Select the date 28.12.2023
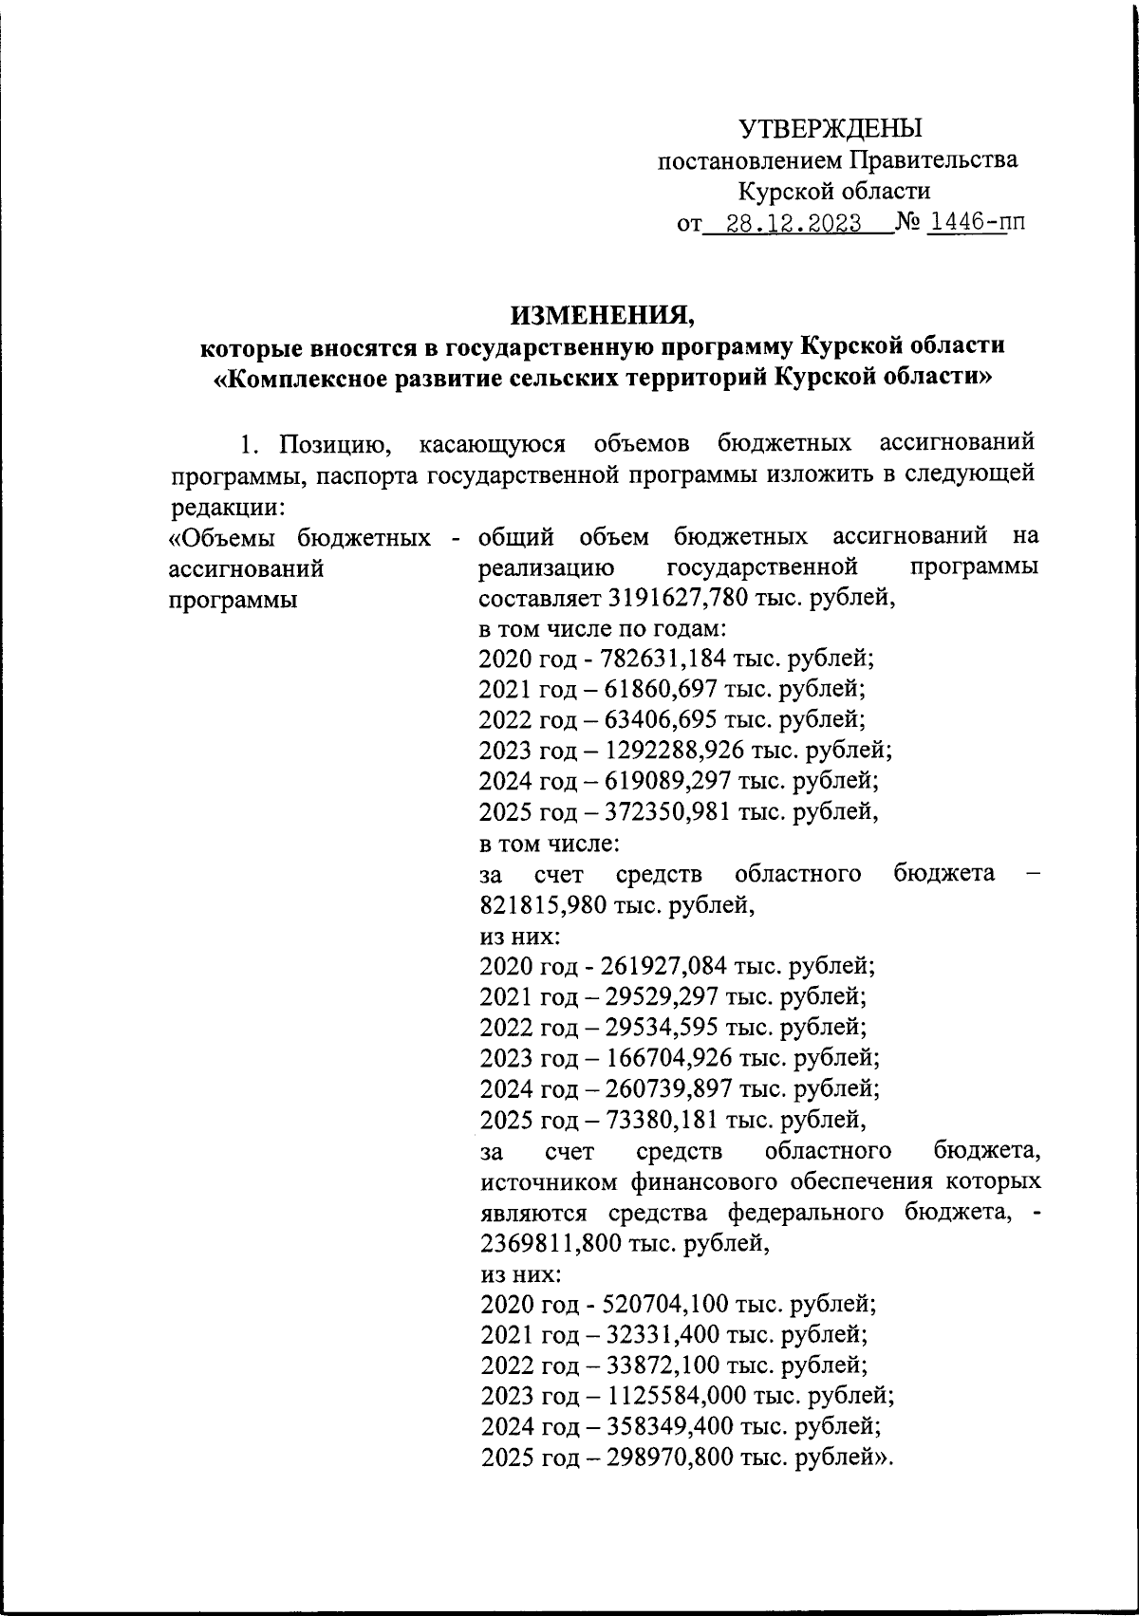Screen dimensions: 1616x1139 pos(794,224)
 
